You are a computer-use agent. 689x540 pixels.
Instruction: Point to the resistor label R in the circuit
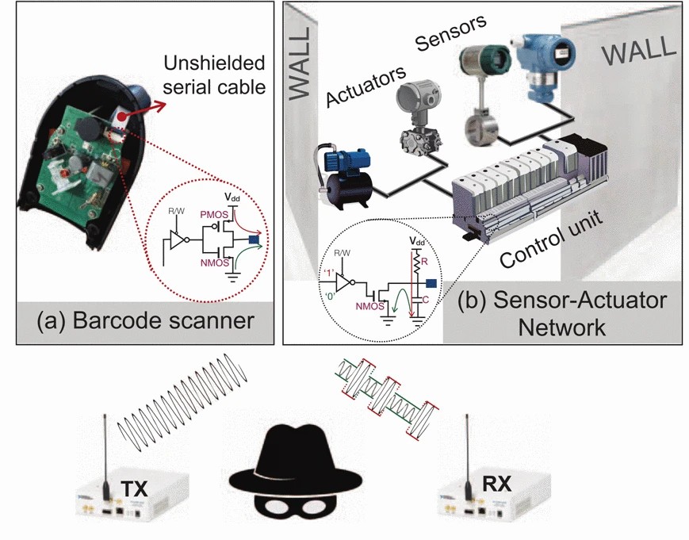pos(427,259)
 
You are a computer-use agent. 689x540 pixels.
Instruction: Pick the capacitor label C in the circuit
pos(427,300)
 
